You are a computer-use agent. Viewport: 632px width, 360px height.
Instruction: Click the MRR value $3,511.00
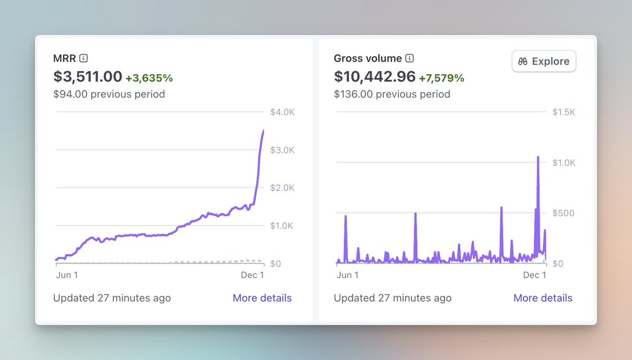[87, 77]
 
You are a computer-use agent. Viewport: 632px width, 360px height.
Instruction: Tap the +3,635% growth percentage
[149, 78]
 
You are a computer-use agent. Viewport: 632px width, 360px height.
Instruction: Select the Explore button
[544, 61]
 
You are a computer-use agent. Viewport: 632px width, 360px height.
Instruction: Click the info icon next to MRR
[83, 59]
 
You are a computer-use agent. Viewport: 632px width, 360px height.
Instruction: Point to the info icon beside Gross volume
[410, 59]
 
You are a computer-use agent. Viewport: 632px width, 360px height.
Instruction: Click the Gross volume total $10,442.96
[375, 77]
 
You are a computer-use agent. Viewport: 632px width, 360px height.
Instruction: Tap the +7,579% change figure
[442, 78]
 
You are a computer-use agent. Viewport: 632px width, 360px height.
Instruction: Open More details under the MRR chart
[262, 298]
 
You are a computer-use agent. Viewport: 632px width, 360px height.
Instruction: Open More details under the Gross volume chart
[543, 298]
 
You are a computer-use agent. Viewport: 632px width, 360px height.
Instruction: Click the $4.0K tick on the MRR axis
[281, 112]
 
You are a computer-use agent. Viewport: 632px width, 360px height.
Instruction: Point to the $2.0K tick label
[281, 188]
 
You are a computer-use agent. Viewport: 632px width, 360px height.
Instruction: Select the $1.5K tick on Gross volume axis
[563, 112]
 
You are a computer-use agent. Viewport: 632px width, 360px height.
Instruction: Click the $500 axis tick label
[562, 213]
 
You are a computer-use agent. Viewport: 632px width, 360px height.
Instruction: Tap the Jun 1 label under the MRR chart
[67, 275]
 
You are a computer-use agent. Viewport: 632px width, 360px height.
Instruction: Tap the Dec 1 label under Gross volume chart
[534, 275]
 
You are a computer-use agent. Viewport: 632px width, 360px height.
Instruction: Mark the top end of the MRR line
[264, 131]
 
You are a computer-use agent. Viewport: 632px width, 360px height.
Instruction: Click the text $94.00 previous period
[109, 94]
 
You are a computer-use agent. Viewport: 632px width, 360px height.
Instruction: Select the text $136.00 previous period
[392, 94]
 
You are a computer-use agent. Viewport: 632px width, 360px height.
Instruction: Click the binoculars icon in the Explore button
[523, 61]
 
